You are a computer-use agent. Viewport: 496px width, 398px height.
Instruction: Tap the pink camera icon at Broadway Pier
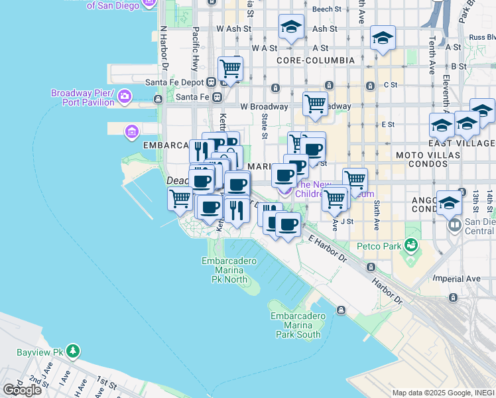click(x=124, y=98)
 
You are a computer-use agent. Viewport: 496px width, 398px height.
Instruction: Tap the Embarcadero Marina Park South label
click(x=296, y=325)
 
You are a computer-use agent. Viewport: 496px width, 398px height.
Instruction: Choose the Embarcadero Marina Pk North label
click(x=229, y=271)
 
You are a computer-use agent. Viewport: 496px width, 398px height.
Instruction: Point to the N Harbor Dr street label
click(x=163, y=49)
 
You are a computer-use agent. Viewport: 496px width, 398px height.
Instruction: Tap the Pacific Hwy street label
click(x=196, y=48)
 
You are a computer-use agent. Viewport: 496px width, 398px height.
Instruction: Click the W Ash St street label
click(x=234, y=29)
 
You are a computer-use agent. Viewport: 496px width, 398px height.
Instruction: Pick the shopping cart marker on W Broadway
click(x=315, y=103)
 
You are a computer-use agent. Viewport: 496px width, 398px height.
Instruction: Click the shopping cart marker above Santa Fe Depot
click(x=230, y=68)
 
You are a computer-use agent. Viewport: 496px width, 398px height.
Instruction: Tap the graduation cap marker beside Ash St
click(x=290, y=27)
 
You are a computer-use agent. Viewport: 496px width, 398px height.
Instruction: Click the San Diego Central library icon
click(x=454, y=225)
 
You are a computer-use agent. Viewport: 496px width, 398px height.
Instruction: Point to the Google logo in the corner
click(x=22, y=390)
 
